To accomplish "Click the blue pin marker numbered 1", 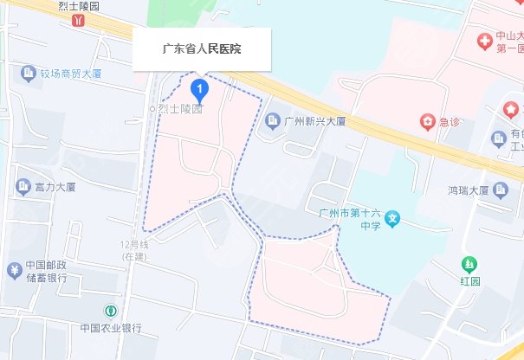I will [201, 88].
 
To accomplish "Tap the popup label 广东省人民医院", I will [202, 49].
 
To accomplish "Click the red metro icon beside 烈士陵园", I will [81, 19].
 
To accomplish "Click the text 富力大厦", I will [55, 186].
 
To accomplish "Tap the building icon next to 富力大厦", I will [23, 186].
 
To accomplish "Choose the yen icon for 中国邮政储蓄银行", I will [14, 270].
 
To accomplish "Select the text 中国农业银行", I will [110, 328].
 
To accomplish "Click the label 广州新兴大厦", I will [315, 119].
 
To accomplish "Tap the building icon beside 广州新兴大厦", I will [272, 119].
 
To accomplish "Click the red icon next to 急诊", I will [427, 121].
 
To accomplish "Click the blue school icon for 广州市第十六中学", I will [393, 219].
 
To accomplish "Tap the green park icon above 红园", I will [469, 263].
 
